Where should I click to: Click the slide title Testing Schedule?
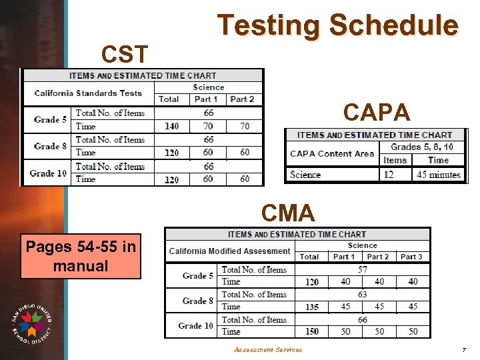(338, 26)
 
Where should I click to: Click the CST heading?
(124, 52)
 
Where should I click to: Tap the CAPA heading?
(377, 113)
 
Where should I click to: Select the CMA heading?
(288, 213)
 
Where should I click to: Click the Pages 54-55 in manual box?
(81, 257)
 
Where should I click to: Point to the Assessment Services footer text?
(267, 349)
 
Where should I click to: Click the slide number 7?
(463, 349)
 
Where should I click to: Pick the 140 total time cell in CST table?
(171, 126)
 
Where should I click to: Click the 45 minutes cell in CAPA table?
(439, 175)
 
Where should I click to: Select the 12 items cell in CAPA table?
(388, 175)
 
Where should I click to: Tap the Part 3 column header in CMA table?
(411, 257)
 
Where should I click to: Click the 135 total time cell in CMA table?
(311, 307)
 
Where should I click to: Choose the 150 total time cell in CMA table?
(311, 331)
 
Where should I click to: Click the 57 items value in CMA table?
(362, 270)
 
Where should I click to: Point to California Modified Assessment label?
(230, 251)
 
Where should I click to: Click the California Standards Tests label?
(88, 93)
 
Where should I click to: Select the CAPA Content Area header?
(332, 154)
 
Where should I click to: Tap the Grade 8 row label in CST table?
(50, 146)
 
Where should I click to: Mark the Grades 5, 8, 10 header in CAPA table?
(421, 147)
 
